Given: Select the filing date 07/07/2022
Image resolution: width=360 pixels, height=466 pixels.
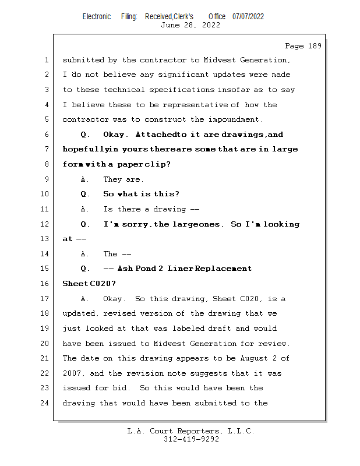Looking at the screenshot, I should pos(248,16).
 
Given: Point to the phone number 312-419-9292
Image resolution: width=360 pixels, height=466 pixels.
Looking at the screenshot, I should pos(192,439).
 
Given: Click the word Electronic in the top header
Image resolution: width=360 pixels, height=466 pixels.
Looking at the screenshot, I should pos(97,16).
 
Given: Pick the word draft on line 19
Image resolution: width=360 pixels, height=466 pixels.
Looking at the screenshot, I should pos(205,329).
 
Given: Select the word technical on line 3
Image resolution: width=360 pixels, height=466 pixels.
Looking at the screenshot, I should pos(124,90).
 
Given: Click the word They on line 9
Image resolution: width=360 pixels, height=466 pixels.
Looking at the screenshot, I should pos(112,179).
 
